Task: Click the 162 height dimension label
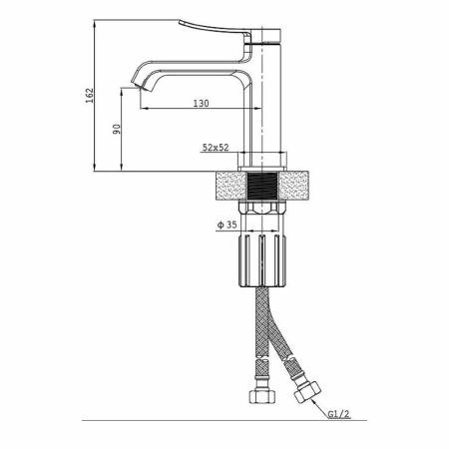pyautogui.click(x=90, y=96)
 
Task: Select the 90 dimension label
pyautogui.click(x=117, y=129)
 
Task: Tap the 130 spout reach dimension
pyautogui.click(x=202, y=104)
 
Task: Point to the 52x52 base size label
pyautogui.click(x=216, y=148)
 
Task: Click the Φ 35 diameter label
pyautogui.click(x=227, y=225)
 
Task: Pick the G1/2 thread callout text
pyautogui.click(x=339, y=414)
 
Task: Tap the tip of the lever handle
pyautogui.click(x=180, y=22)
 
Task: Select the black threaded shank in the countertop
pyautogui.click(x=262, y=187)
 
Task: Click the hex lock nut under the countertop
pyautogui.click(x=262, y=208)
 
